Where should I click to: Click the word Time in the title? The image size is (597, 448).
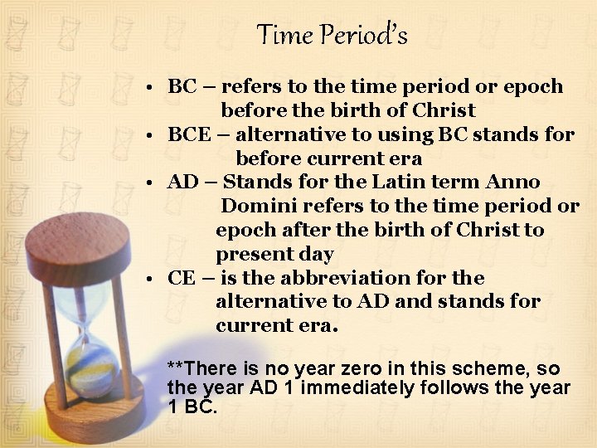point(284,35)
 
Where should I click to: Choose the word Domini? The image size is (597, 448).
point(258,206)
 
